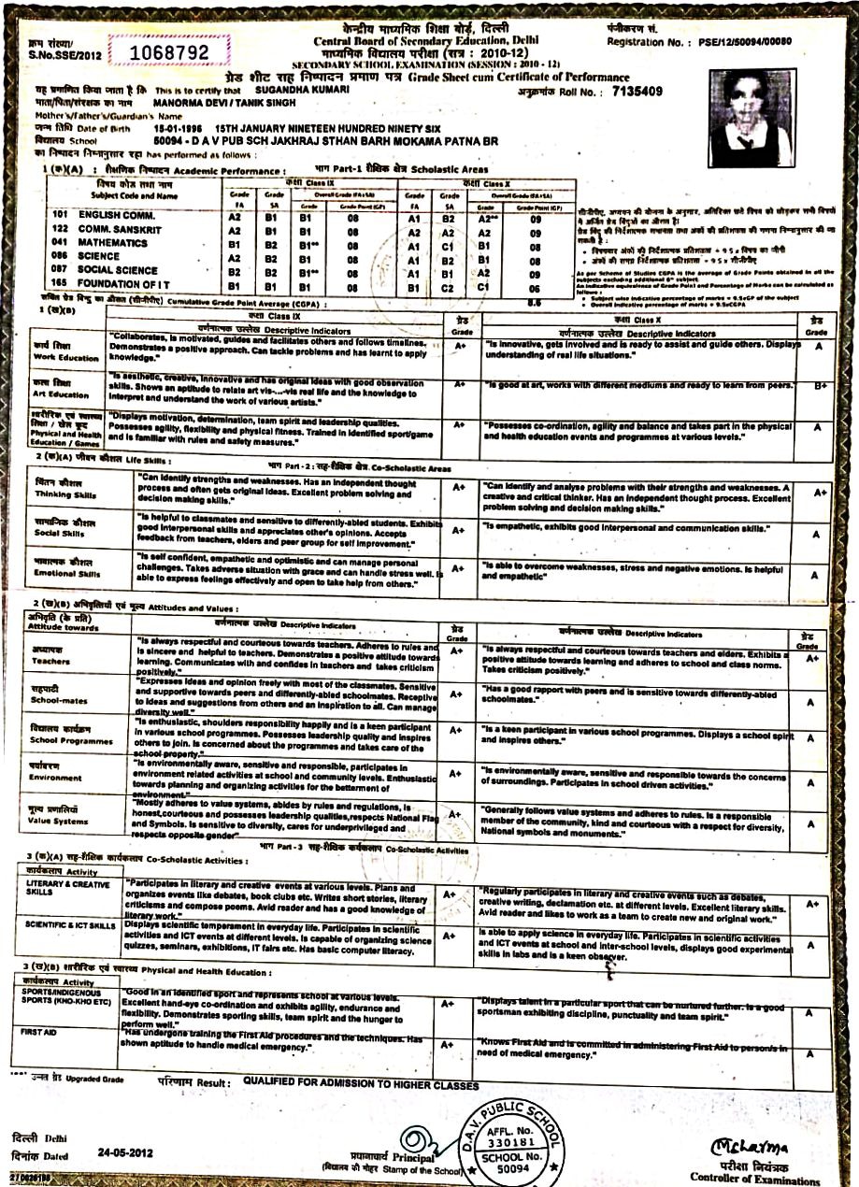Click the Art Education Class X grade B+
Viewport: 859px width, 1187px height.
coord(818,385)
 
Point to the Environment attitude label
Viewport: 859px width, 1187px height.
coord(56,775)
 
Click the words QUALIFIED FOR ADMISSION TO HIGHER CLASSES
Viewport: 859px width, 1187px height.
coord(361,1083)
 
